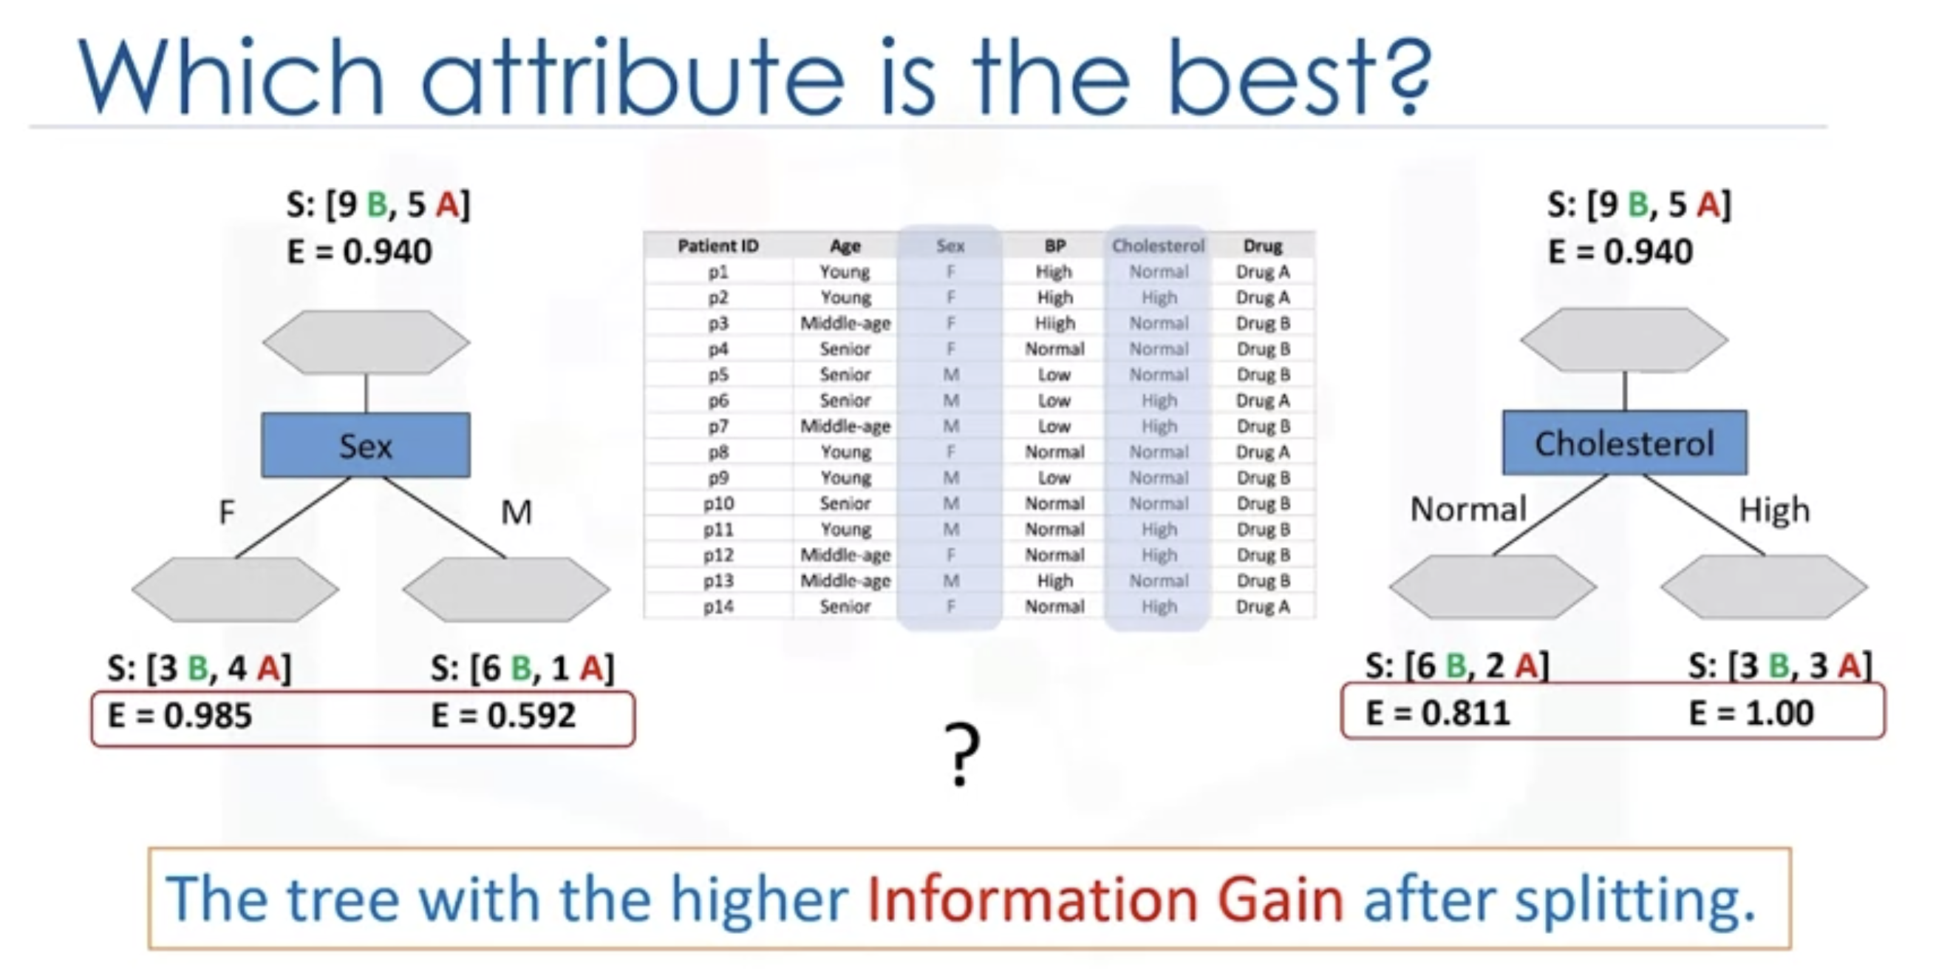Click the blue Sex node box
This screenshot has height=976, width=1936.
366,445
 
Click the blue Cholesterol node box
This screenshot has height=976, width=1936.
1625,443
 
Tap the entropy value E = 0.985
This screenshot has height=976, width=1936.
180,715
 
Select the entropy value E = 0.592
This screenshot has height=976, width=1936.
503,715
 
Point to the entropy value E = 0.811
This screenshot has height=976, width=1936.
1438,713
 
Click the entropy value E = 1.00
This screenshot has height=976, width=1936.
1751,713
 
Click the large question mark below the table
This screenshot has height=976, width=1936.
962,755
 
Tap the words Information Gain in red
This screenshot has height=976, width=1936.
1105,899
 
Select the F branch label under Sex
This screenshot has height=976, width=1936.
226,512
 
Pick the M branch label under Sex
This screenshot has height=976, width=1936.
517,512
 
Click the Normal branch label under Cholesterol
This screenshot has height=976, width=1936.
1468,509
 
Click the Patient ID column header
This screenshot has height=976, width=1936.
718,246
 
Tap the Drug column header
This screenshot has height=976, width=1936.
1263,246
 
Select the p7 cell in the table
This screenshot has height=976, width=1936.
718,427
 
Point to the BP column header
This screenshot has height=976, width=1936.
1054,246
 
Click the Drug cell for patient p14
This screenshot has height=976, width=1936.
1263,606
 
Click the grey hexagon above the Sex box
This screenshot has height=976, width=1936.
366,342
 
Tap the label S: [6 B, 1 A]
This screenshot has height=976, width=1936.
522,668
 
